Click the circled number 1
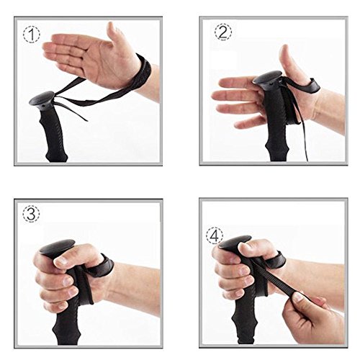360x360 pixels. coord(32,35)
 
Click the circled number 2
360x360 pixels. coord(223,32)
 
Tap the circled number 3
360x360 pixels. coord(32,214)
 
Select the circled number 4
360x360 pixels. coord(215,236)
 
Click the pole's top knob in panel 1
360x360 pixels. coord(41,99)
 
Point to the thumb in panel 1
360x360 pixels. coord(117,36)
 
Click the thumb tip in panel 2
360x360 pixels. coord(285,49)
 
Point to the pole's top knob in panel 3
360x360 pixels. coord(57,247)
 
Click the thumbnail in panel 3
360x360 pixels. coord(60,261)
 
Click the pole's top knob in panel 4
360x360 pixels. coord(235,242)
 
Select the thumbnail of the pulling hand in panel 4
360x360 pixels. coord(297,297)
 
